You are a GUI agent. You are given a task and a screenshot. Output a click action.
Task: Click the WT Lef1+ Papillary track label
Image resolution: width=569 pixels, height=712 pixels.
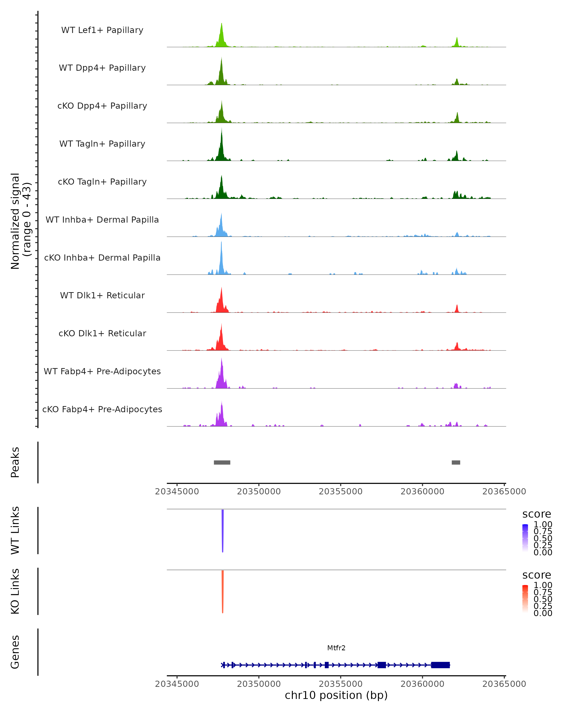(102, 30)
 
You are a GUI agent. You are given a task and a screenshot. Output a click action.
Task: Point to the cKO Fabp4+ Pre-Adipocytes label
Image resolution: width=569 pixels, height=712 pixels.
(102, 409)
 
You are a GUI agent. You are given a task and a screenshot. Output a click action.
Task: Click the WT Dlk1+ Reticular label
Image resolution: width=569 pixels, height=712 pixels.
(102, 295)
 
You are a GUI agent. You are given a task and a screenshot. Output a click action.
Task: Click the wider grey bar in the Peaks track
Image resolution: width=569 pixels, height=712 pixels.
(222, 462)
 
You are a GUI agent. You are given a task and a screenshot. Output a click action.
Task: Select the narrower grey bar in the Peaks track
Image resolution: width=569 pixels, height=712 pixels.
(456, 462)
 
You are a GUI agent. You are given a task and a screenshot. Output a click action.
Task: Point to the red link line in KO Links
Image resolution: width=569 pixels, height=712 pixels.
(223, 591)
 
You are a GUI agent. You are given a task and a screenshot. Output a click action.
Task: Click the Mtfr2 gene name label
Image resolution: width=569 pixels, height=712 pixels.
(336, 648)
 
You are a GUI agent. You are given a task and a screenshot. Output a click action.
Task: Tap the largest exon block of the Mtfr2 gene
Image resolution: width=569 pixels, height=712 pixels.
(440, 665)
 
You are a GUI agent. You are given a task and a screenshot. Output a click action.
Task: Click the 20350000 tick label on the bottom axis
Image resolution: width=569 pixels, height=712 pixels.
(259, 684)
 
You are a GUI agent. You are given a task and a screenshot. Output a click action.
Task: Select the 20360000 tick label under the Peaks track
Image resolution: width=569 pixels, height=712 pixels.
(422, 492)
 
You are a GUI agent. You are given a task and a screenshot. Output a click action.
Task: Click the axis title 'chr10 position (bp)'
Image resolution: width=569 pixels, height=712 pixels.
(336, 695)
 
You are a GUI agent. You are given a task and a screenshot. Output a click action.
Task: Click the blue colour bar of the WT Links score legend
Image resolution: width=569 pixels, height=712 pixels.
(525, 538)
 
